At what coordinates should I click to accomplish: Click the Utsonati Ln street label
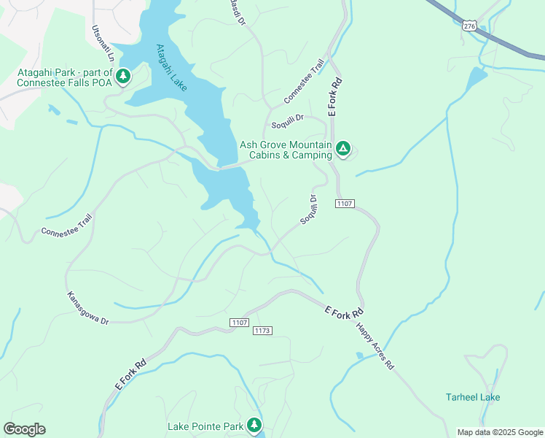click(x=103, y=44)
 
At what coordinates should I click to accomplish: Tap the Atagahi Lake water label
click(x=171, y=67)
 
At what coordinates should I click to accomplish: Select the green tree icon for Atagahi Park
click(x=123, y=75)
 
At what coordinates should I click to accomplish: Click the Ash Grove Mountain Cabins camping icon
click(x=343, y=149)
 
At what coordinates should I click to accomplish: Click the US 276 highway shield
click(x=469, y=26)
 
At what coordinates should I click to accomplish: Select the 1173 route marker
click(x=262, y=331)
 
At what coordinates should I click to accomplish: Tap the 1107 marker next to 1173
click(x=239, y=322)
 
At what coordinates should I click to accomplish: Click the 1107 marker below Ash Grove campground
click(x=345, y=203)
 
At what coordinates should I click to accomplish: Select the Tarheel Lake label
click(x=473, y=397)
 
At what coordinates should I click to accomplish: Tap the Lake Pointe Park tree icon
click(x=254, y=424)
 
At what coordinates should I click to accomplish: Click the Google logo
click(x=24, y=429)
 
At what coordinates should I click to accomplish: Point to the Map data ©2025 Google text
click(x=499, y=432)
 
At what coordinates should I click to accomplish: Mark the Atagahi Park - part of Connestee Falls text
click(x=66, y=77)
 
